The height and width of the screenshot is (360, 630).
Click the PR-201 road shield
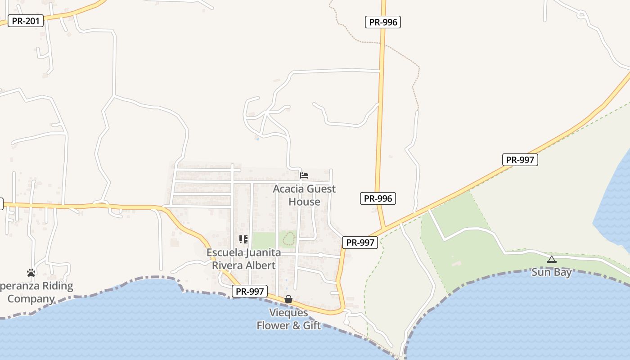[x=26, y=21]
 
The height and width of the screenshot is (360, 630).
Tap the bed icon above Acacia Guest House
[x=304, y=175]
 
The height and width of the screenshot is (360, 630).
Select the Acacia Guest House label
[x=304, y=195]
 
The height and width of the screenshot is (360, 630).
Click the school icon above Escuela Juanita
[x=243, y=239]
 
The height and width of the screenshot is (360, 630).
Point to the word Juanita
[x=262, y=252]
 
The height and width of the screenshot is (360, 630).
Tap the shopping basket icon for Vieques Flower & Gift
[x=288, y=299]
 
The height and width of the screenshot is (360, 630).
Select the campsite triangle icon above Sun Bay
[x=551, y=259]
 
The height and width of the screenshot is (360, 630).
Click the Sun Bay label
[x=551, y=272]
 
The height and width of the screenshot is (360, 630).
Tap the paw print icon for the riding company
[x=31, y=273]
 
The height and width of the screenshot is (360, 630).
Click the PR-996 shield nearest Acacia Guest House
[x=378, y=198]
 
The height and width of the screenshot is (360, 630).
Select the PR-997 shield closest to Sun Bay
[x=520, y=160]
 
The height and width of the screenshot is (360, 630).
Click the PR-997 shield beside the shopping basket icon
[x=250, y=291]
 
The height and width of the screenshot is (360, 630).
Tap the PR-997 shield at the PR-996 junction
[x=360, y=243]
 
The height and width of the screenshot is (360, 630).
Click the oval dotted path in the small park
[x=288, y=238]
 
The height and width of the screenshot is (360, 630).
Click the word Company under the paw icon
[x=31, y=299]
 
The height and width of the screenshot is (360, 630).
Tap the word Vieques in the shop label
[x=288, y=313]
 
